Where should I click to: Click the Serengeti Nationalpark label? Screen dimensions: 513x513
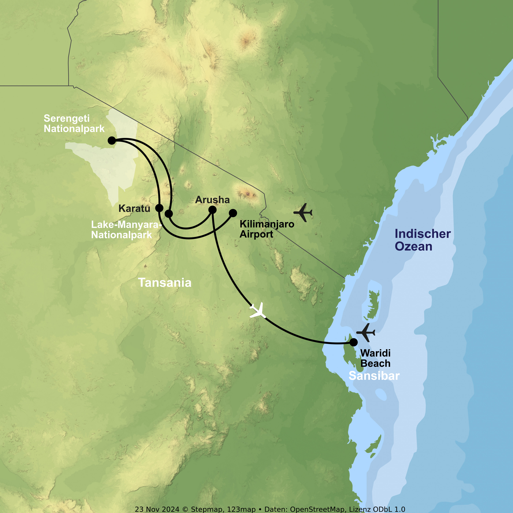(x=74, y=123)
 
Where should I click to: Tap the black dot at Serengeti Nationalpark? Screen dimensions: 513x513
(x=112, y=140)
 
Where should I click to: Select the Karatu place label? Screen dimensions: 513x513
(x=134, y=208)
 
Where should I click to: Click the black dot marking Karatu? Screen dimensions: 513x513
(x=159, y=208)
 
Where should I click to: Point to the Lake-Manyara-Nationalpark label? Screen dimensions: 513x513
(x=126, y=230)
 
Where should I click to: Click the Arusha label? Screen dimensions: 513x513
(x=212, y=200)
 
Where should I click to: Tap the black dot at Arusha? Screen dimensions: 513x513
(x=212, y=210)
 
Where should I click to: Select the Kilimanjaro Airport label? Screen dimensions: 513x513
(x=267, y=229)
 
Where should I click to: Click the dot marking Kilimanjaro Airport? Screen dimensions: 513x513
(x=233, y=213)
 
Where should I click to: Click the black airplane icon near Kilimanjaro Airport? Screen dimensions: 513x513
(x=303, y=212)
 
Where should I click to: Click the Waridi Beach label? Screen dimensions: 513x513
(x=376, y=358)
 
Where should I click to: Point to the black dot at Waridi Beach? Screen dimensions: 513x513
(x=353, y=342)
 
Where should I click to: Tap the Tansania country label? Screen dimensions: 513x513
(x=165, y=282)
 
